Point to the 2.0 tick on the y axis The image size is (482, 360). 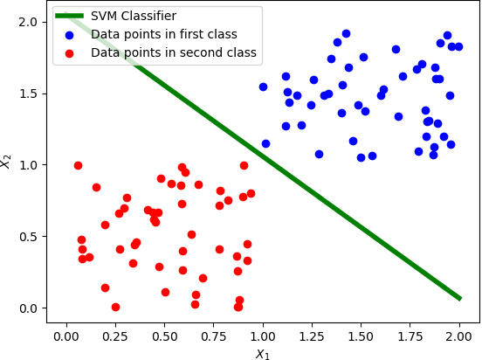pos(29,21)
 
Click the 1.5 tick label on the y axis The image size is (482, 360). pos(29,93)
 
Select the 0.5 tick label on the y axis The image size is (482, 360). pos(29,236)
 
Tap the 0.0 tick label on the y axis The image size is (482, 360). pos(29,308)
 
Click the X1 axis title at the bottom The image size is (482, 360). pos(263,353)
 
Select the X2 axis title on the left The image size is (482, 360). pos(7,162)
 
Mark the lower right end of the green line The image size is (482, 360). pos(459,299)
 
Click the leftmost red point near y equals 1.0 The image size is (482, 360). pos(78,165)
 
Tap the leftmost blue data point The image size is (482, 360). pos(263,87)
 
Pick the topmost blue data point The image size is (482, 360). pos(346,33)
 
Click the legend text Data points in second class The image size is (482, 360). pos(174,53)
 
